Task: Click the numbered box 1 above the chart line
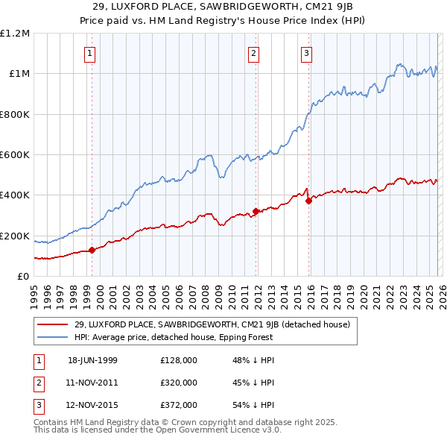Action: (x=89, y=53)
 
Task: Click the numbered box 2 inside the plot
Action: (x=253, y=53)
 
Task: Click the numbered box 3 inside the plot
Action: (x=306, y=53)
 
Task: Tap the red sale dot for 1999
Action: (x=92, y=251)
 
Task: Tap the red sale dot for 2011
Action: (x=256, y=211)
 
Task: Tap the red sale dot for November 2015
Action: (x=308, y=201)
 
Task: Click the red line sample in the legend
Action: (x=53, y=324)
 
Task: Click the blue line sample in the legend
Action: (x=53, y=337)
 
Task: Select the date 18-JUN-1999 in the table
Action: (x=92, y=360)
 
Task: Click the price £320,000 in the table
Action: (x=178, y=383)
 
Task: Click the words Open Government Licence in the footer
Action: (x=209, y=430)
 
